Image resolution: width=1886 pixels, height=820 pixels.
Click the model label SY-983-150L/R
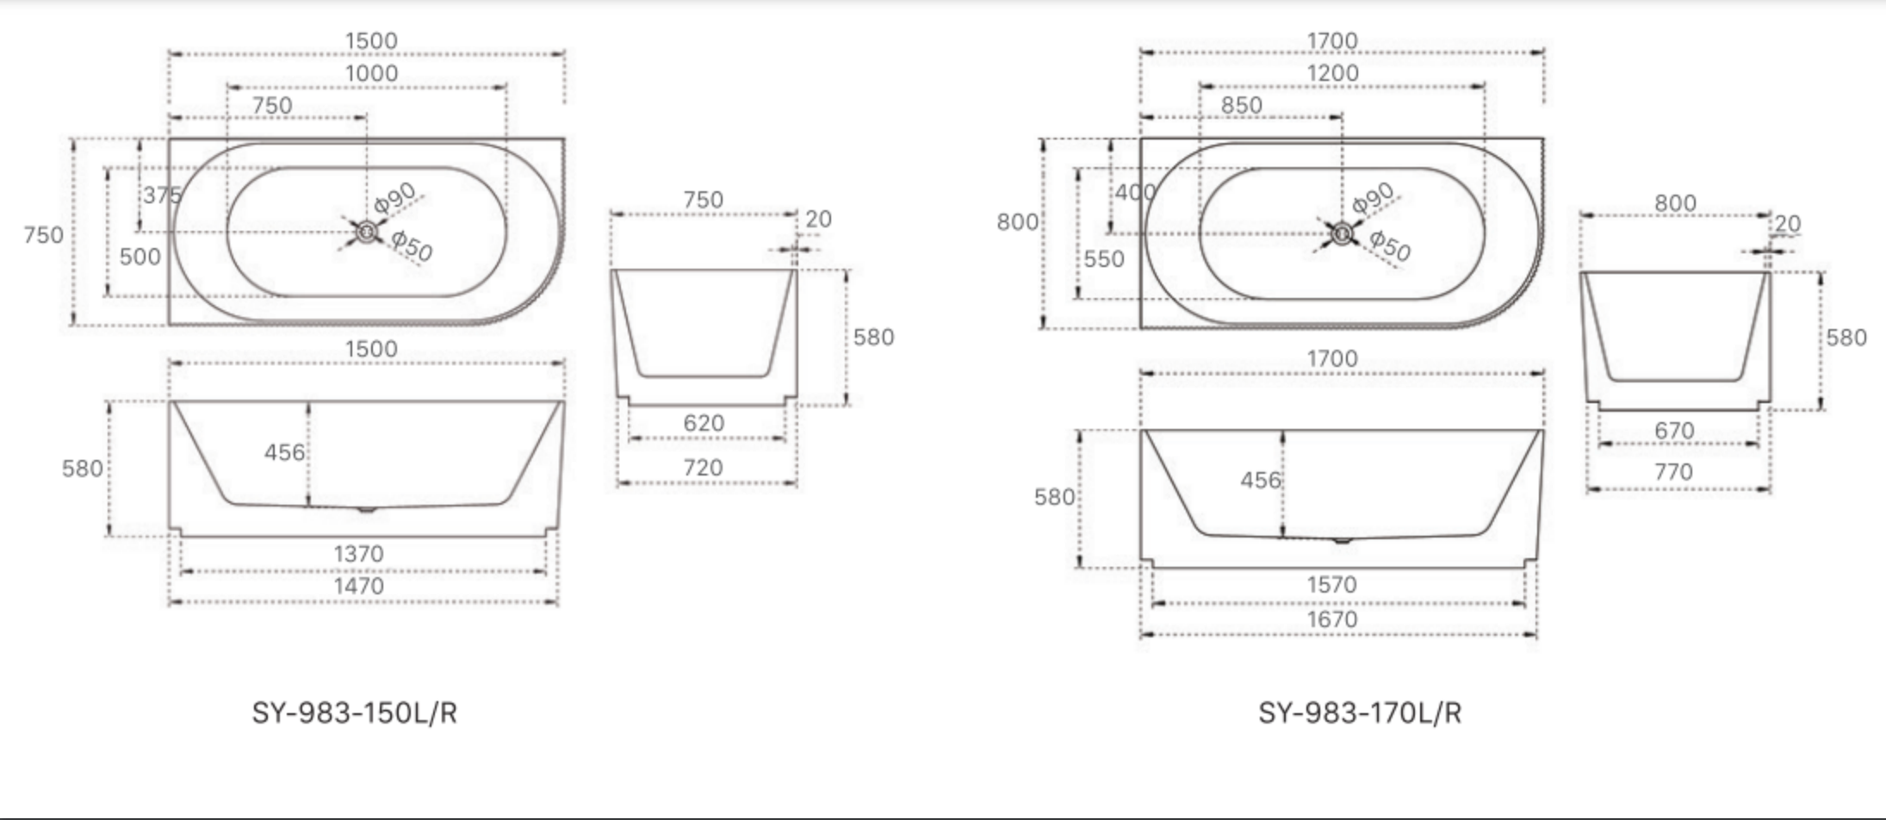[354, 713]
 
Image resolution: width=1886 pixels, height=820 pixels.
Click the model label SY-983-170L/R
[1359, 713]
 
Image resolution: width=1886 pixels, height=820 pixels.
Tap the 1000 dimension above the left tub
[371, 73]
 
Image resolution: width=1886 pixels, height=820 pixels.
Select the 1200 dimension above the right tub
[1332, 73]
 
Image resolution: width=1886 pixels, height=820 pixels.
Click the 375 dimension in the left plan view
[162, 196]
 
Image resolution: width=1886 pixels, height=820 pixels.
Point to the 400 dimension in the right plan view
[1134, 192]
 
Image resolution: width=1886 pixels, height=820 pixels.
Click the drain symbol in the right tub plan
[1341, 233]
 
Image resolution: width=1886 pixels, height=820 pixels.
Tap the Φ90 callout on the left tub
[395, 198]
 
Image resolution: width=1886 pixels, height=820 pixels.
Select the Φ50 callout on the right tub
[1389, 245]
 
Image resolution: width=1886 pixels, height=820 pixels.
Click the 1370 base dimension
[358, 554]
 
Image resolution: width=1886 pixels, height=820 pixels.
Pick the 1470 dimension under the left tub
[358, 587]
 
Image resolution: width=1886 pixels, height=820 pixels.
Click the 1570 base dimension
[1331, 586]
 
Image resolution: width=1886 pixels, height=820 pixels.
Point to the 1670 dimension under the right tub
[1331, 619]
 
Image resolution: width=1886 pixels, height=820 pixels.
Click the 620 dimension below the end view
[704, 424]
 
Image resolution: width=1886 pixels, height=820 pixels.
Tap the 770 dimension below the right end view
[1673, 472]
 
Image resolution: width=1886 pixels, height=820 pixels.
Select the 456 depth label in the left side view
[284, 452]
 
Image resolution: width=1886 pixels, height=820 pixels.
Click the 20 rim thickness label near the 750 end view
[818, 220]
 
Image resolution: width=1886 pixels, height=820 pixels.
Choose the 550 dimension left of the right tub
[1104, 259]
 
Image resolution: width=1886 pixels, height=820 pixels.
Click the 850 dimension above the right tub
[1241, 105]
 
